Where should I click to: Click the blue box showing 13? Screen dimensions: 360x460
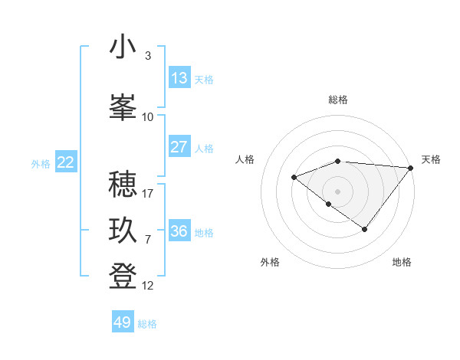pyautogui.click(x=179, y=78)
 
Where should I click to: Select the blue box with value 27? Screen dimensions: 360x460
pyautogui.click(x=179, y=147)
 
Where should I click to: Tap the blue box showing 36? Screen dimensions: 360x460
pyautogui.click(x=179, y=231)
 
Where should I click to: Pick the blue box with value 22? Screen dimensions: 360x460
pyautogui.click(x=66, y=162)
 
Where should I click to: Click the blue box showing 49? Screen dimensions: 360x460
pyautogui.click(x=123, y=322)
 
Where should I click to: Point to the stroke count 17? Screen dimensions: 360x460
pyautogui.click(x=148, y=193)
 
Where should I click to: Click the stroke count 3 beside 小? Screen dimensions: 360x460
pyautogui.click(x=148, y=56)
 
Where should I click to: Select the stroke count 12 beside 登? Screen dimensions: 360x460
pyautogui.click(x=148, y=286)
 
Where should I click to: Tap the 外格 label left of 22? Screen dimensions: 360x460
pyautogui.click(x=41, y=163)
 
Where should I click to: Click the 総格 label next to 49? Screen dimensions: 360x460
pyautogui.click(x=147, y=324)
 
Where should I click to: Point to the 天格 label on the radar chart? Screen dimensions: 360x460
pyautogui.click(x=431, y=159)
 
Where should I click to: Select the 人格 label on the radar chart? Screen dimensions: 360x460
pyautogui.click(x=245, y=159)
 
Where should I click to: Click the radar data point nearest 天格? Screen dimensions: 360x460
pyautogui.click(x=411, y=168)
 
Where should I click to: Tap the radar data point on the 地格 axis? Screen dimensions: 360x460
pyautogui.click(x=365, y=229)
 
